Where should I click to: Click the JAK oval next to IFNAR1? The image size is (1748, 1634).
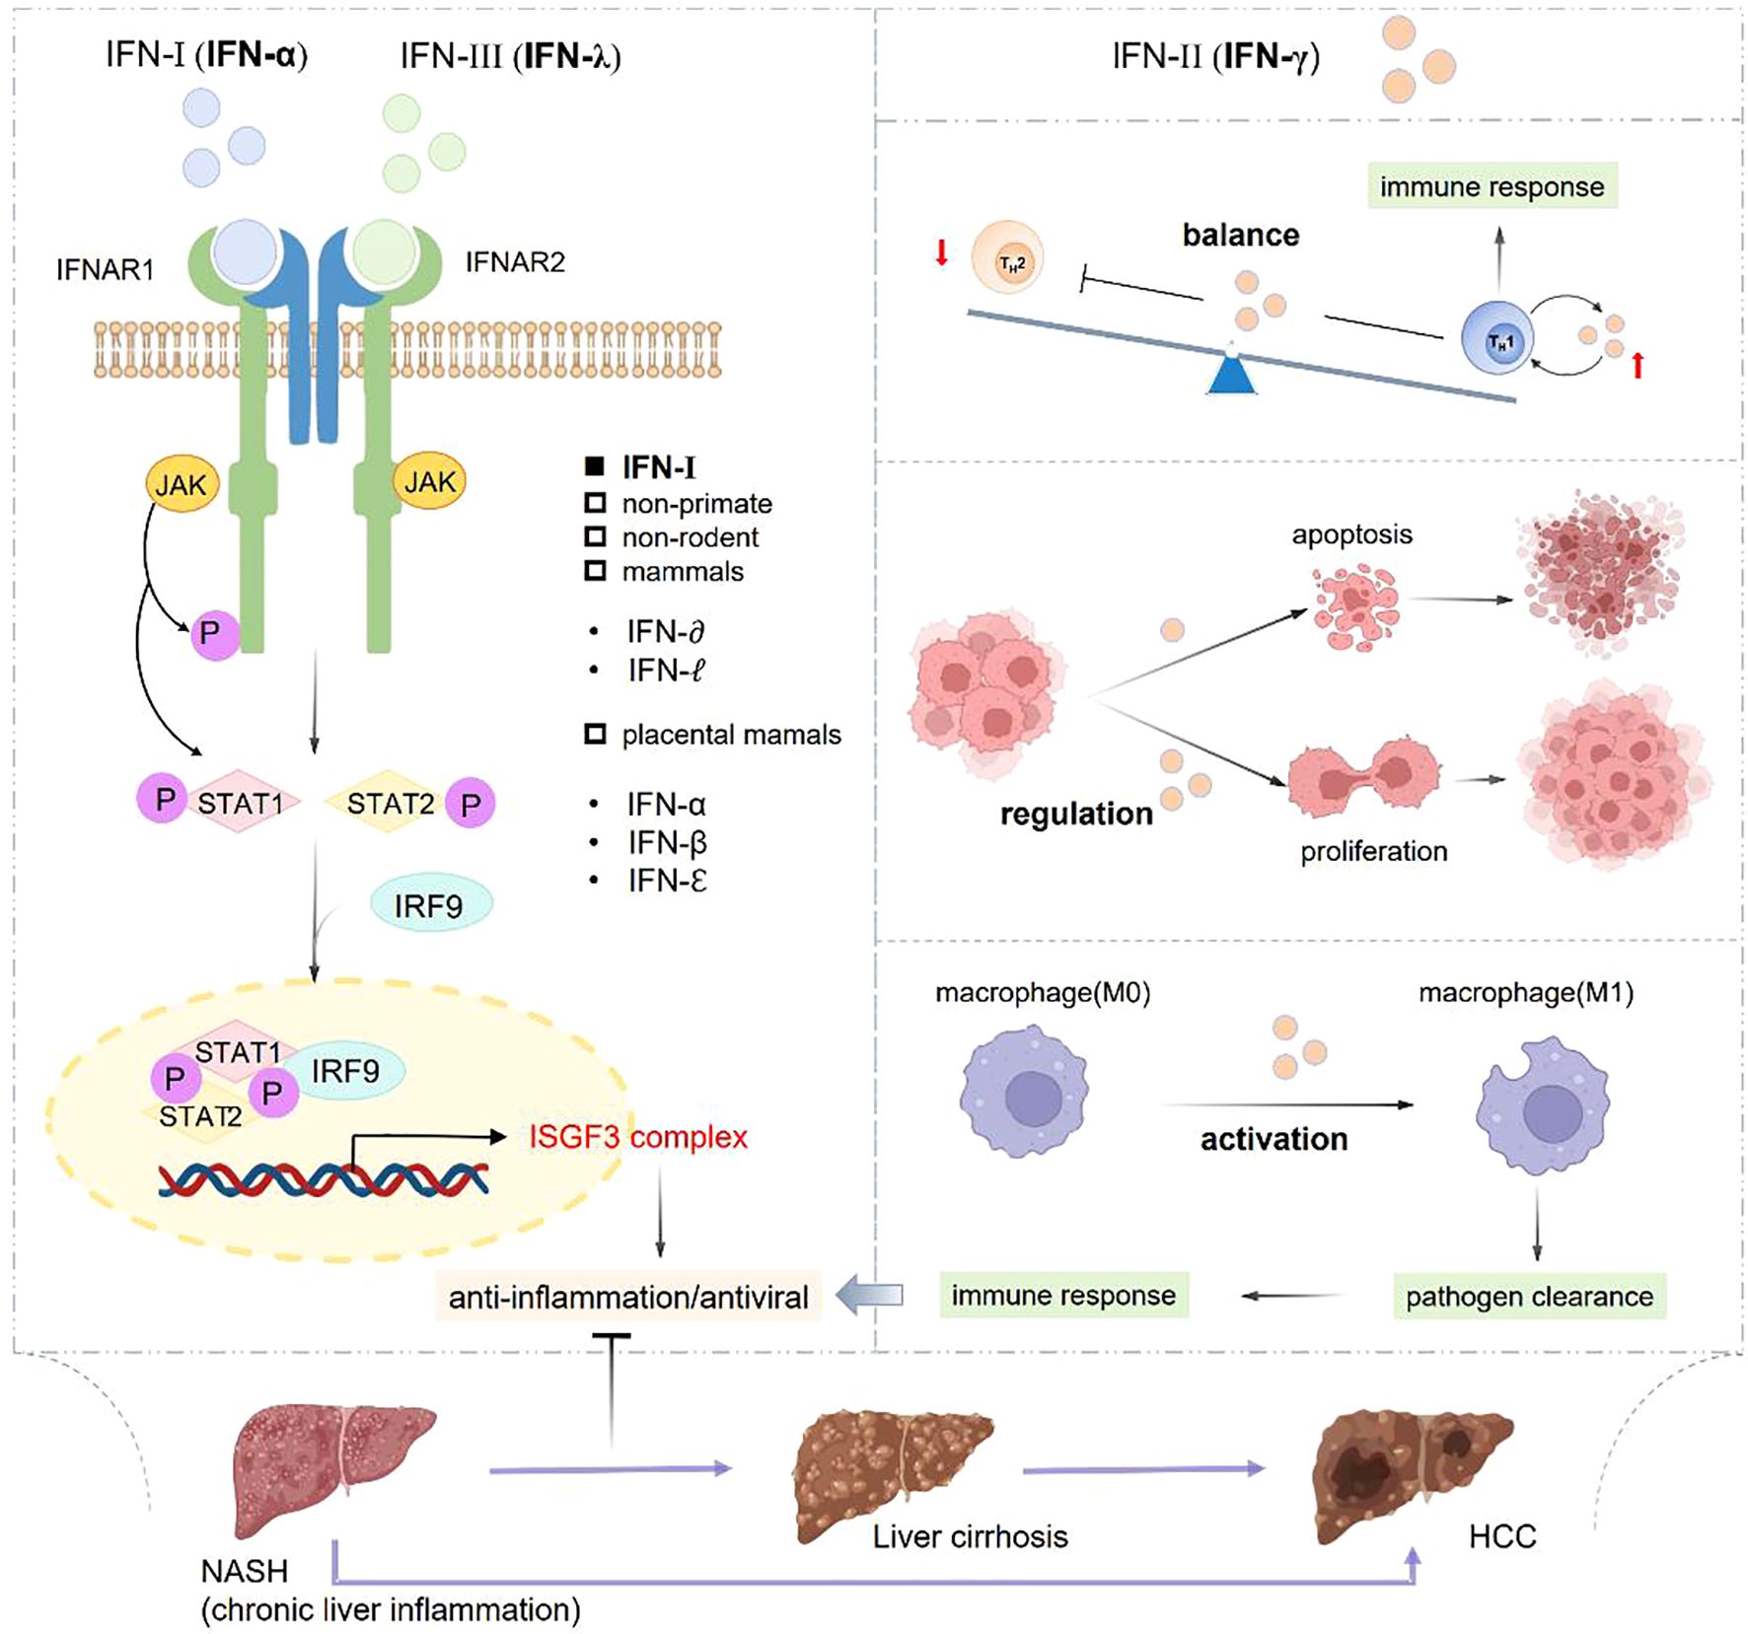(x=182, y=484)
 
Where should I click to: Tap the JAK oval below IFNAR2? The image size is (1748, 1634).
(x=430, y=481)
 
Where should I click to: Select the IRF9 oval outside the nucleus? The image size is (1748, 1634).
(x=430, y=904)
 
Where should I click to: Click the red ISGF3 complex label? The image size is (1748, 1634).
(x=638, y=1137)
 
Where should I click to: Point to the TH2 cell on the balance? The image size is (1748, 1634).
(x=1007, y=260)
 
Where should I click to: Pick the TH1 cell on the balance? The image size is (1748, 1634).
(x=1497, y=339)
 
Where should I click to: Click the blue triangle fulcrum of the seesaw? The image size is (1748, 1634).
(x=1232, y=375)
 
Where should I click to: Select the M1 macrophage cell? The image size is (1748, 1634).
(x=1542, y=1104)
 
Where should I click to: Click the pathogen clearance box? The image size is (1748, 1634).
(x=1529, y=1296)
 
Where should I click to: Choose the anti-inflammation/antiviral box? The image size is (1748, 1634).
(x=628, y=1296)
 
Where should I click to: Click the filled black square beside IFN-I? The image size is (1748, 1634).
(x=595, y=466)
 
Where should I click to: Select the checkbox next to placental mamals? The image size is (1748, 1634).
(x=595, y=734)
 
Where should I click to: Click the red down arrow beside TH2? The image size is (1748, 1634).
(x=942, y=252)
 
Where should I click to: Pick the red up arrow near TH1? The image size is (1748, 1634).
(x=1638, y=366)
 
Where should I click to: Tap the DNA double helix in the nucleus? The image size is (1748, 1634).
(x=324, y=1179)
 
